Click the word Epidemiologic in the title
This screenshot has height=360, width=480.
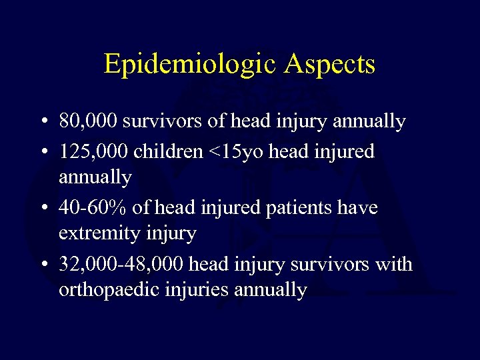tap(185, 65)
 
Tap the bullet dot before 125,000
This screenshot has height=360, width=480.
tap(42, 151)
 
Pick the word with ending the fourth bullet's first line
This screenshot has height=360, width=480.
tap(395, 265)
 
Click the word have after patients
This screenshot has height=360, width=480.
tap(358, 208)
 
